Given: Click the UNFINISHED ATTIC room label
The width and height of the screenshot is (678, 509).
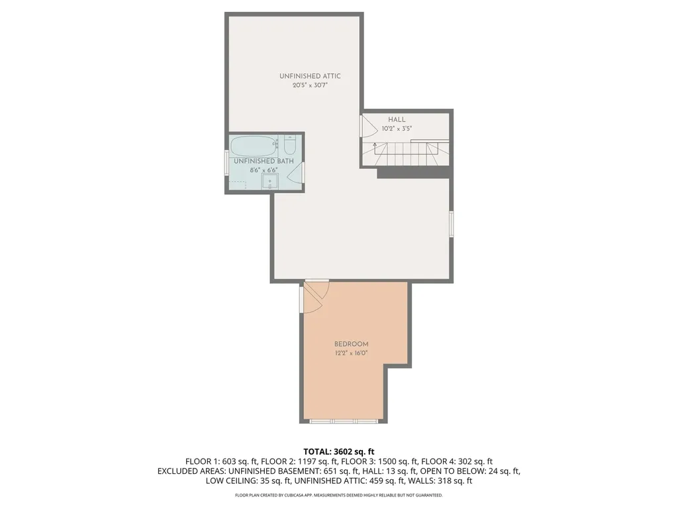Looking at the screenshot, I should click(310, 76).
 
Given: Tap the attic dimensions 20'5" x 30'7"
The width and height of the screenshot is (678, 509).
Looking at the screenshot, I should click(310, 86).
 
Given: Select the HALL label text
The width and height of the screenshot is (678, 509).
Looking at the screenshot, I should click(397, 119).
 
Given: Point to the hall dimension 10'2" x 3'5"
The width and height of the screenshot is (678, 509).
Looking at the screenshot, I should click(397, 129).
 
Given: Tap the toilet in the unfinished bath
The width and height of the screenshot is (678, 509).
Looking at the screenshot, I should click(290, 144).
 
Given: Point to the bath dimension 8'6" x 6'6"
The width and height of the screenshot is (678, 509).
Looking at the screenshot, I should click(264, 170).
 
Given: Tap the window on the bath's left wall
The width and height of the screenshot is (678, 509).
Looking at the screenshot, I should click(226, 164).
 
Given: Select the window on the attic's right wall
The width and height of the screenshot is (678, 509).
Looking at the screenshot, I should click(452, 224).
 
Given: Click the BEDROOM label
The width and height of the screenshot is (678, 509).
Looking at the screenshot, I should click(351, 344).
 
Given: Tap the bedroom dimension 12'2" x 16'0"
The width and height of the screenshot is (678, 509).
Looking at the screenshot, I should click(351, 353).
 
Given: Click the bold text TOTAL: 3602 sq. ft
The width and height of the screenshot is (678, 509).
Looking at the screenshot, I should click(338, 451).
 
